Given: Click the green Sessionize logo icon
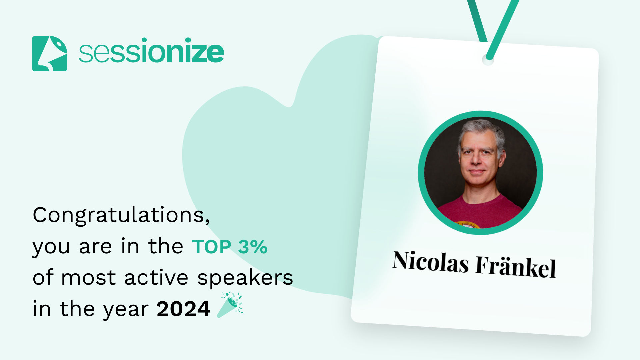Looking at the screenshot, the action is click(x=50, y=54).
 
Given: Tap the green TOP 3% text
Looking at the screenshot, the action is click(x=230, y=247).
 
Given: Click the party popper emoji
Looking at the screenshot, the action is click(x=230, y=305).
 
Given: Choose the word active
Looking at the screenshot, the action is click(x=156, y=278).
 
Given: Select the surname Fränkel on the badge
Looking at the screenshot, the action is click(x=516, y=267).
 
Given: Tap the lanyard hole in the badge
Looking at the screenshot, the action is click(x=488, y=60).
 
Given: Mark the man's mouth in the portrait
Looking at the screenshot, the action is click(x=477, y=172).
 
